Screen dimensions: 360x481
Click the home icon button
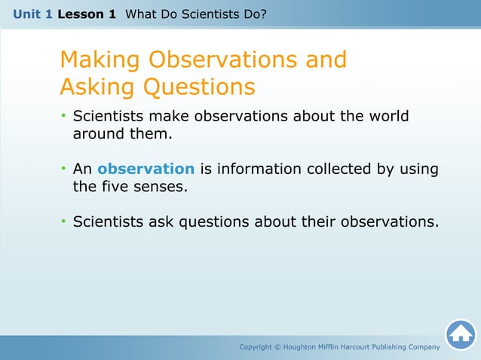(x=460, y=334)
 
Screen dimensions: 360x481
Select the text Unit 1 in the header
(x=32, y=14)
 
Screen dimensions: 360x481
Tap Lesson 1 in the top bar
(x=86, y=14)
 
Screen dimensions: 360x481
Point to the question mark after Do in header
(x=263, y=14)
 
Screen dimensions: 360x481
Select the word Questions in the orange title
(x=199, y=88)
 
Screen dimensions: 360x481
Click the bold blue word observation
(x=146, y=169)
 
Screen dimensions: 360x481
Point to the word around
(x=99, y=135)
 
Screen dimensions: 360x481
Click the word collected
(x=339, y=169)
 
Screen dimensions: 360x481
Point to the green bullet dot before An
(x=64, y=169)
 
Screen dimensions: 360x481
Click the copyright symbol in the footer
(x=277, y=347)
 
